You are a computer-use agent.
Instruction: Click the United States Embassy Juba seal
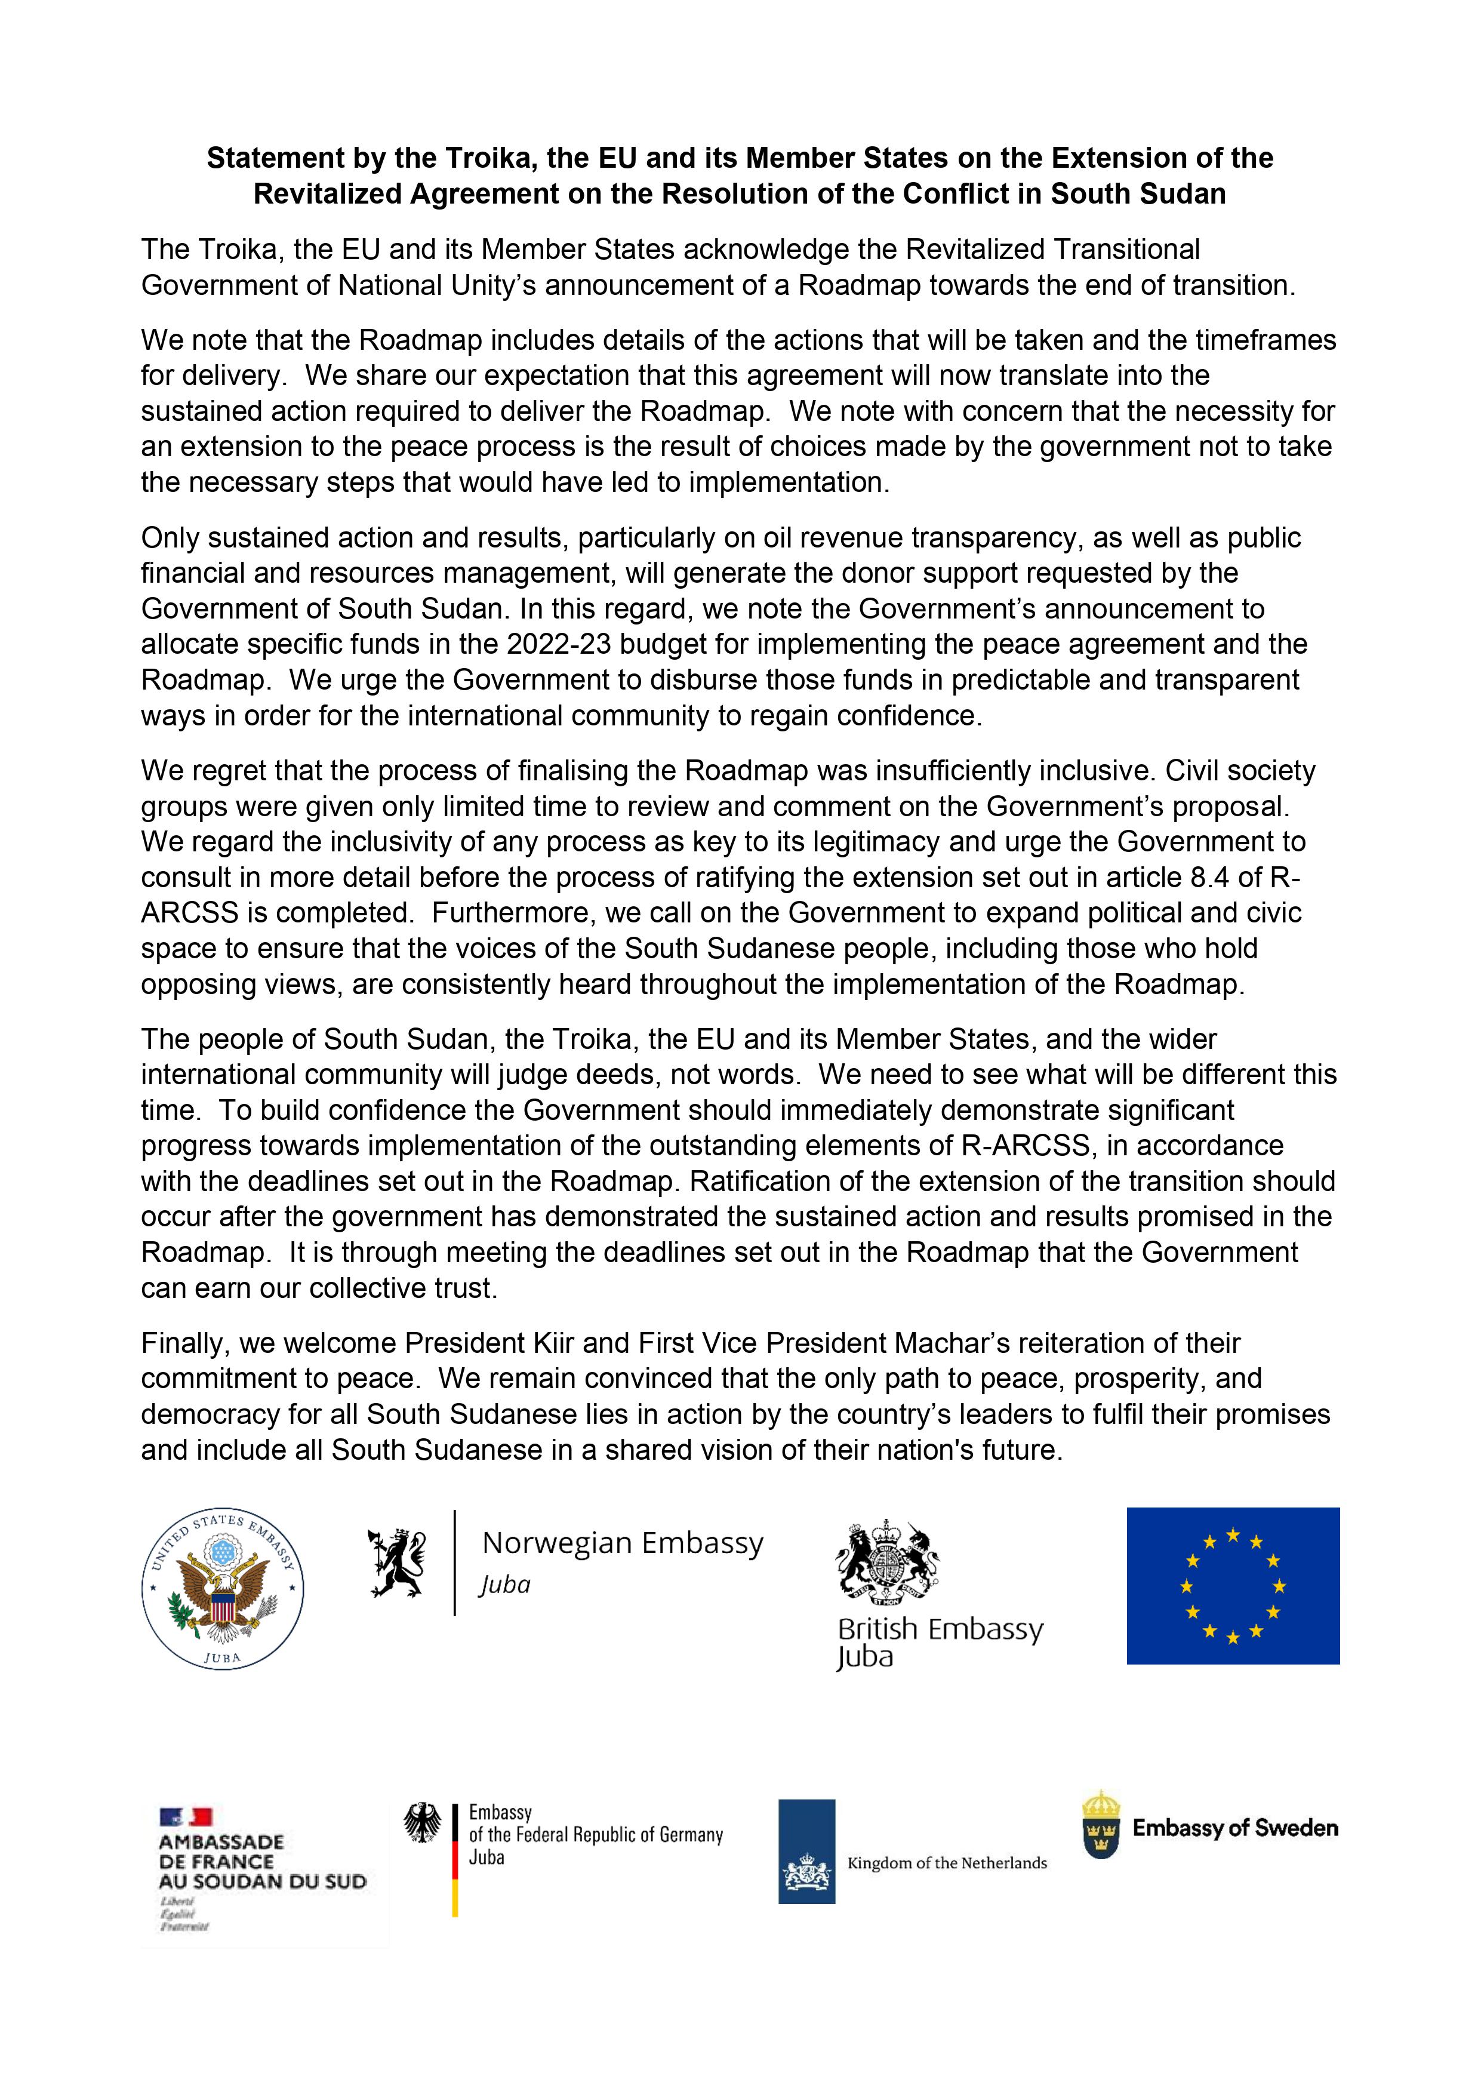pyautogui.click(x=223, y=1589)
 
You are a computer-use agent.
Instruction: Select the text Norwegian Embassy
pyautogui.click(x=623, y=1543)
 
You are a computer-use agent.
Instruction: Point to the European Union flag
pyautogui.click(x=1232, y=1585)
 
